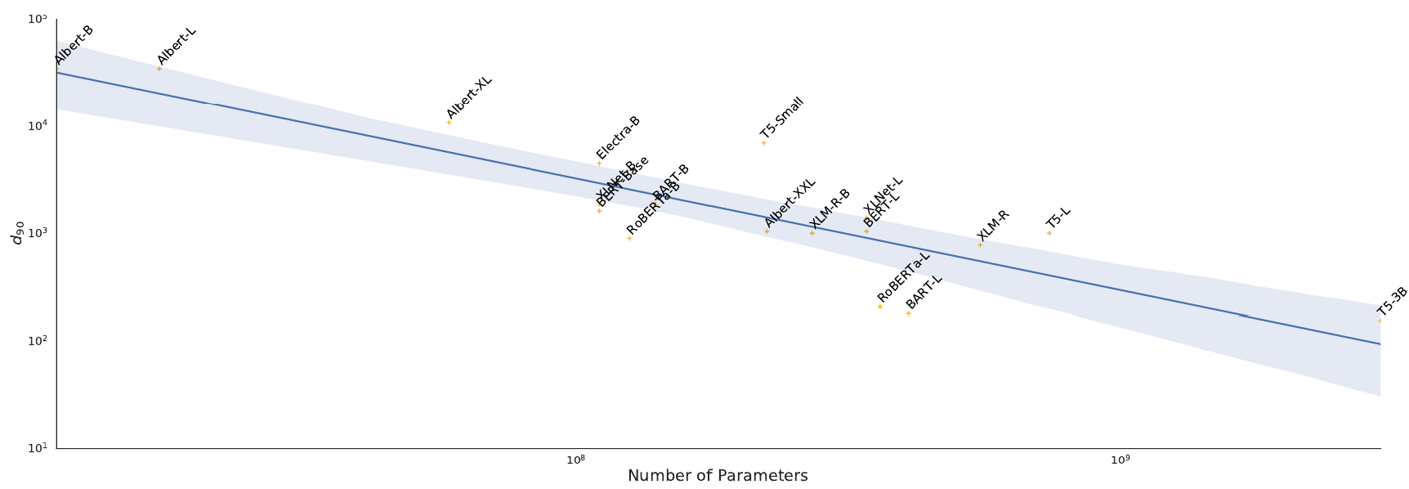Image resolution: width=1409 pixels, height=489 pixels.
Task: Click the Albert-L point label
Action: tap(177, 46)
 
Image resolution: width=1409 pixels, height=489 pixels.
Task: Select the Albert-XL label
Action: tap(469, 97)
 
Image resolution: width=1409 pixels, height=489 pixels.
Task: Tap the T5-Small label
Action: tap(782, 118)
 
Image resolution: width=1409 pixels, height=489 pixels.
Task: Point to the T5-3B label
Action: tap(1392, 302)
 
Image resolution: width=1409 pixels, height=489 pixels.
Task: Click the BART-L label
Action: tap(924, 292)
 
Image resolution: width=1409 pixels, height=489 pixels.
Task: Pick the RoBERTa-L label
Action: tap(904, 277)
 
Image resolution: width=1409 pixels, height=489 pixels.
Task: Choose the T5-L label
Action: tap(1058, 218)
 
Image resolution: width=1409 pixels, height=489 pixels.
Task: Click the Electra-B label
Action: tap(619, 137)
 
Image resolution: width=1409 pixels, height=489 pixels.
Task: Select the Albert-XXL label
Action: tap(790, 203)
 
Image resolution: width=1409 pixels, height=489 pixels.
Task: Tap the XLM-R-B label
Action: tap(830, 209)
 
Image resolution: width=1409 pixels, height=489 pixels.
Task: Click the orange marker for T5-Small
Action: tap(764, 143)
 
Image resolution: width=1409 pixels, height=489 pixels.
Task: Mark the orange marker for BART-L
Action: tap(908, 314)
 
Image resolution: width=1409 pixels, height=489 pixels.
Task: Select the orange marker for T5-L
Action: tap(1049, 234)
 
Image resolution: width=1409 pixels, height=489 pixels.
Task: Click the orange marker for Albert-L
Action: tap(159, 69)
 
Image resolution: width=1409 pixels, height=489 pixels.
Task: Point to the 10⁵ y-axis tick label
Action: tap(38, 19)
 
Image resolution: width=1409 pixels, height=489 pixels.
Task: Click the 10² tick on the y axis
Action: tap(38, 341)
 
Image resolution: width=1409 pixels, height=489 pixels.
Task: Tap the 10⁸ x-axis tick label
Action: tap(576, 460)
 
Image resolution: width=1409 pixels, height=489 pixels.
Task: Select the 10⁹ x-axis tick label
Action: tap(1120, 460)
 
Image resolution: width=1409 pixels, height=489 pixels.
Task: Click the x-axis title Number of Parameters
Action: tap(718, 476)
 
